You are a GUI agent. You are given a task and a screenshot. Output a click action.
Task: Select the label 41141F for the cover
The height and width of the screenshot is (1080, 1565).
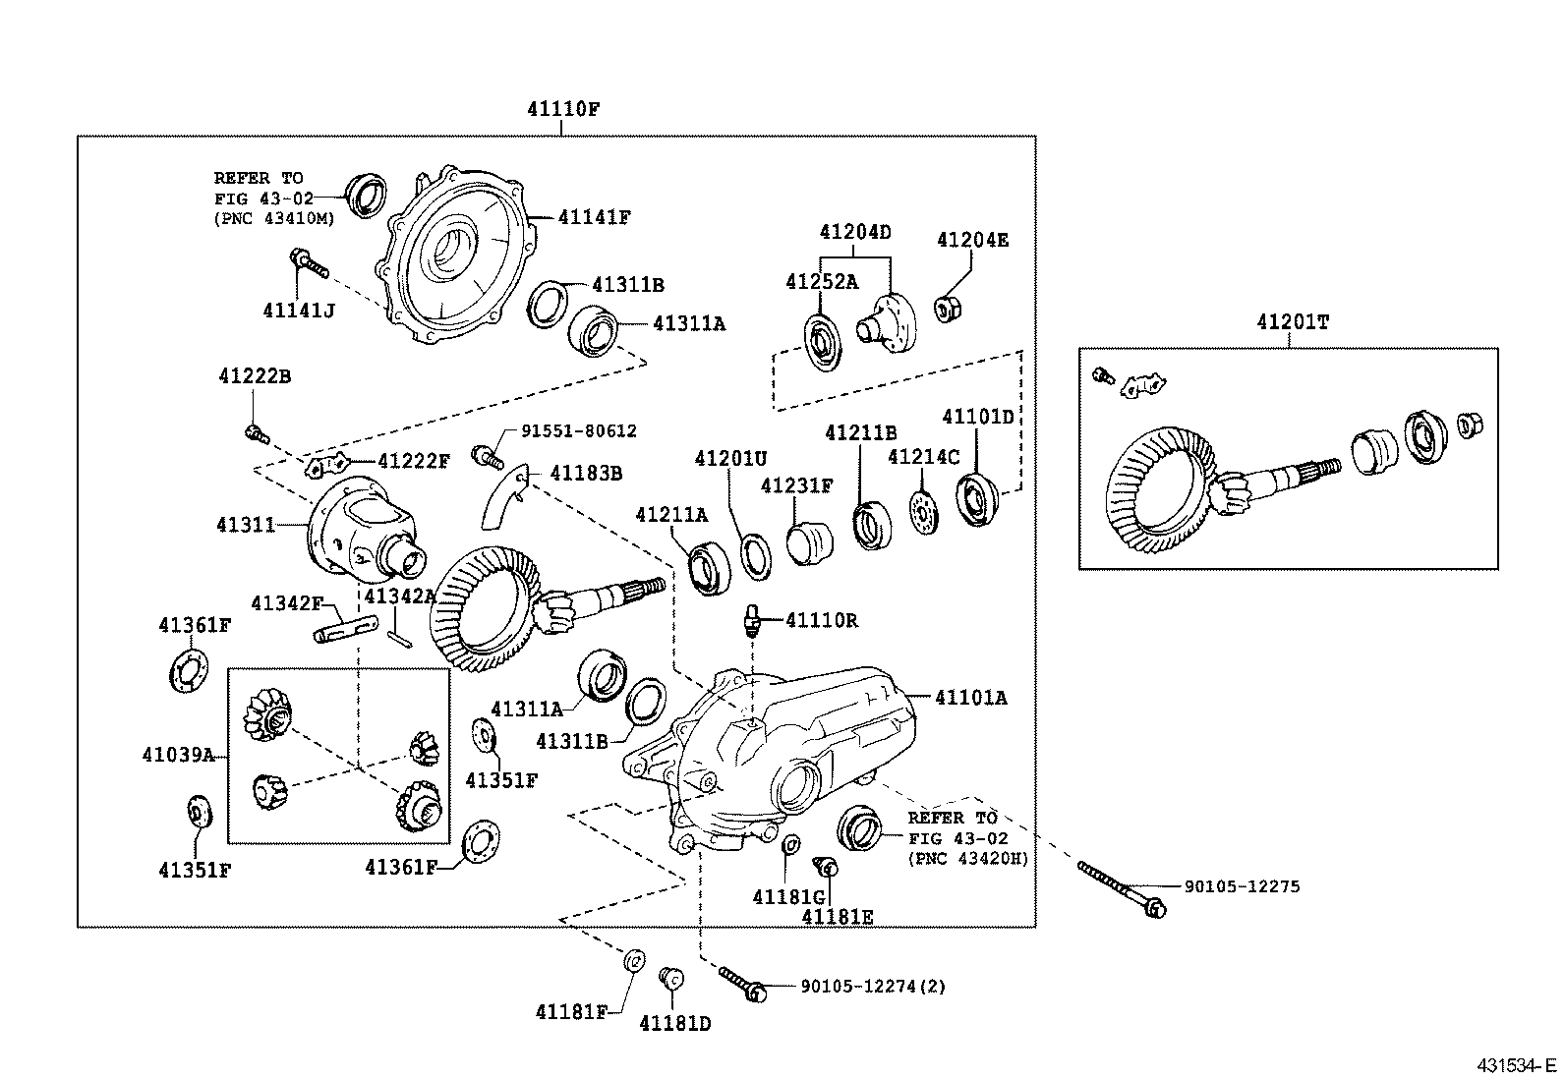pyautogui.click(x=594, y=217)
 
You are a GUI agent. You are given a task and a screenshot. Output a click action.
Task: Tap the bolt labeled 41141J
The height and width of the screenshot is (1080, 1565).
pyautogui.click(x=307, y=261)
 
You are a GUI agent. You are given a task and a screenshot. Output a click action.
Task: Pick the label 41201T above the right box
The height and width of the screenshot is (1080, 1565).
pyautogui.click(x=1292, y=322)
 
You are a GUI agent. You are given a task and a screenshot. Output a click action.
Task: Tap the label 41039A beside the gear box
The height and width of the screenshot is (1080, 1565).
pyautogui.click(x=178, y=755)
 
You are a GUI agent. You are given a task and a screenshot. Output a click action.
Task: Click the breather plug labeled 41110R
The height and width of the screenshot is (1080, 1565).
pyautogui.click(x=754, y=620)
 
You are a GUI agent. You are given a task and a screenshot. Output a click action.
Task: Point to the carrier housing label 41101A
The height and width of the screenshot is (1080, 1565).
pyautogui.click(x=970, y=698)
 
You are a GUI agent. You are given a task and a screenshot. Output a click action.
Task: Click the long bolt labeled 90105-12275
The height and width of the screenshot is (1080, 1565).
pyautogui.click(x=1121, y=887)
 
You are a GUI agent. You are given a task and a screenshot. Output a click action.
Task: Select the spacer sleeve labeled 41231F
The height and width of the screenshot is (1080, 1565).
pyautogui.click(x=810, y=542)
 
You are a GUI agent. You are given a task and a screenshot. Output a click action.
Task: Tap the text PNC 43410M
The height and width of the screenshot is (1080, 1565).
pyautogui.click(x=274, y=218)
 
